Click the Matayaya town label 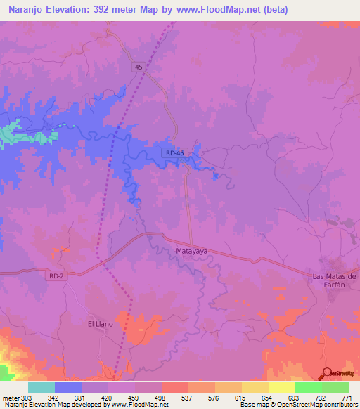point(189,249)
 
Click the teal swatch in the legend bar point(41,388)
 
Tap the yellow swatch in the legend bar point(282,388)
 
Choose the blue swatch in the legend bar point(68,388)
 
